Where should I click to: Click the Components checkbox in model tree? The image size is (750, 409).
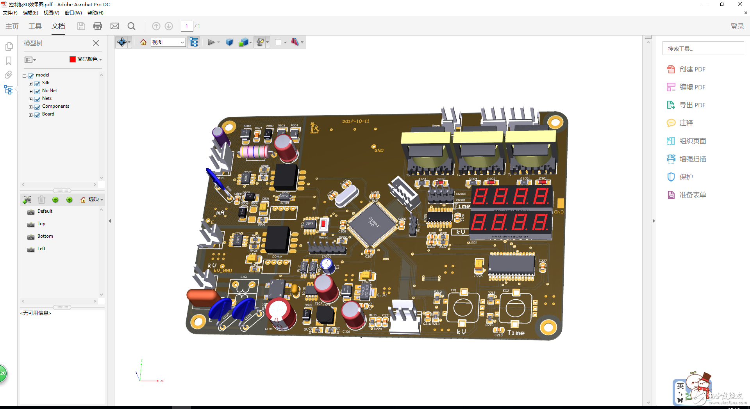tap(37, 107)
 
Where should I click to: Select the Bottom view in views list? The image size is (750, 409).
tap(45, 236)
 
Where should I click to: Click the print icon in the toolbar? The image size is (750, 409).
tap(98, 26)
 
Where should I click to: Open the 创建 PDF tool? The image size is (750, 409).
tap(692, 69)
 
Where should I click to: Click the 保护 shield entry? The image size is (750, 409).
tap(686, 177)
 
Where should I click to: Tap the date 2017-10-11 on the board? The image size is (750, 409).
tap(355, 121)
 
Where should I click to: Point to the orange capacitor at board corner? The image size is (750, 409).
tap(202, 296)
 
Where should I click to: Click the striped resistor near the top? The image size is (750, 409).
tap(254, 152)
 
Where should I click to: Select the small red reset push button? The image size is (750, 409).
tap(323, 225)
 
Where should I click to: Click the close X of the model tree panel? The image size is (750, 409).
tap(96, 43)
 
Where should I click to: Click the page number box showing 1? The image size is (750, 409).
tap(187, 26)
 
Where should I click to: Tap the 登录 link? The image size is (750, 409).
tap(737, 26)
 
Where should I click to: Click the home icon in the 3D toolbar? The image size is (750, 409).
tap(143, 42)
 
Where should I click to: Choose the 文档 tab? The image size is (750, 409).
tap(58, 26)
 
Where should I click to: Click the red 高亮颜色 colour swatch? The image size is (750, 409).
tap(73, 59)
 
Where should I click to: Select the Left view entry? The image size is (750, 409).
tap(41, 249)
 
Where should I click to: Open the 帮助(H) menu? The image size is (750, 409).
tap(95, 13)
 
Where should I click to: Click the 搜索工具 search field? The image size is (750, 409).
tap(702, 49)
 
